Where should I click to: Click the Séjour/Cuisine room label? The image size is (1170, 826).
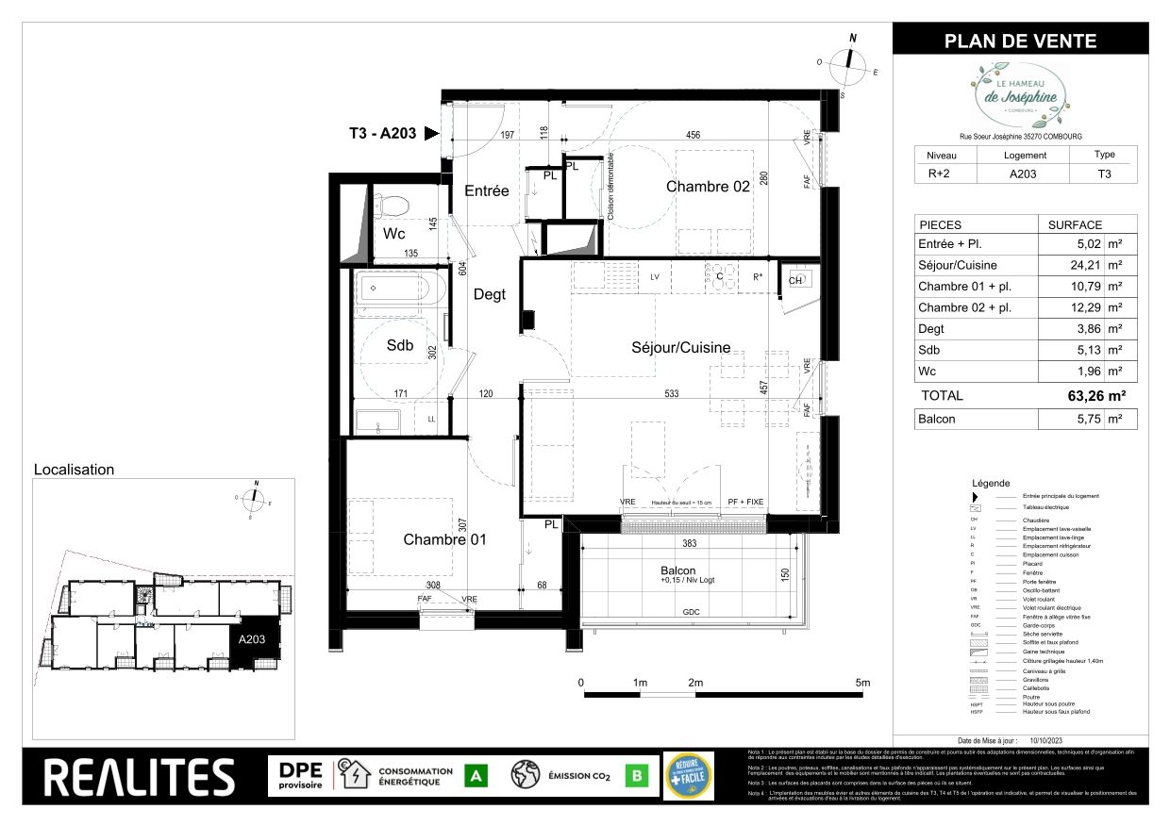680,347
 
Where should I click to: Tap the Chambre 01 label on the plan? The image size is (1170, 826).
444,539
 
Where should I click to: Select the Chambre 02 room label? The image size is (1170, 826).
708,186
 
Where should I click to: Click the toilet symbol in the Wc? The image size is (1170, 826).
389,205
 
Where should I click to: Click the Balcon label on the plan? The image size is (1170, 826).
677,570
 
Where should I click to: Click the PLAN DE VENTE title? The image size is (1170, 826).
1020,41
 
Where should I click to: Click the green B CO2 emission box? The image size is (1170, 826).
638,776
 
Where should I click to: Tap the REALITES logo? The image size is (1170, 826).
140,776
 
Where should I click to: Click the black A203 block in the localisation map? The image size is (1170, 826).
252,642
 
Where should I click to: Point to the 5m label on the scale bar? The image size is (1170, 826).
861,682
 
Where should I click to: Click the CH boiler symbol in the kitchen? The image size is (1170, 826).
794,280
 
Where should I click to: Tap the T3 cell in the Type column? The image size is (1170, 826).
1103,173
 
